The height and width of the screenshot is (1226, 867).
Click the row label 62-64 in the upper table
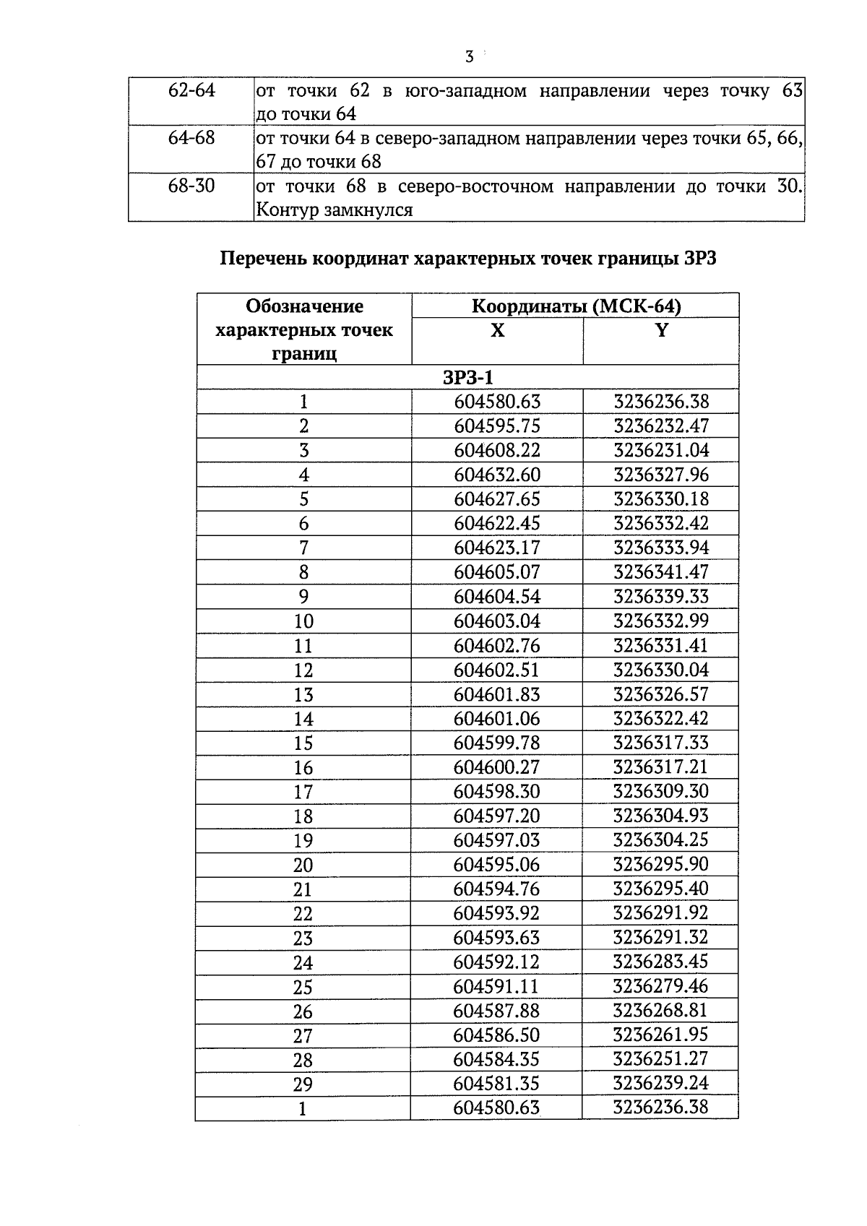coord(191,90)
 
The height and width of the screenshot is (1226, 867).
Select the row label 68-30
coord(191,186)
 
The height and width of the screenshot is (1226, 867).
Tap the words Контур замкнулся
coord(335,210)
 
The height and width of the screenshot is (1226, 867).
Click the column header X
coord(497,330)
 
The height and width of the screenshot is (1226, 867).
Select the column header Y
coord(660,330)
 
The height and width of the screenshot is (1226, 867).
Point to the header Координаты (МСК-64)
coord(576,306)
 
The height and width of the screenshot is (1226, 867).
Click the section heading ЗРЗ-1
coord(467,378)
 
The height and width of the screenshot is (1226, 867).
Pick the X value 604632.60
coord(497,475)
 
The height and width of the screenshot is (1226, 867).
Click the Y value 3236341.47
coord(661,572)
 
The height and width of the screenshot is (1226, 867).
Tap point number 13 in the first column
coord(303,694)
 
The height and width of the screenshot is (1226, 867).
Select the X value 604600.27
coord(497,767)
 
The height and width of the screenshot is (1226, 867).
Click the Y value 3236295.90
coord(661,864)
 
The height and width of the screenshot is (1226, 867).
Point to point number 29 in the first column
coord(303,1084)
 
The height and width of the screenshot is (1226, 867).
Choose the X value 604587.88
coord(497,1010)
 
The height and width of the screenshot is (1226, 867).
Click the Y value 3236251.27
coord(661,1059)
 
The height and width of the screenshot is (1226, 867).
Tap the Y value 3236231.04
coord(661,450)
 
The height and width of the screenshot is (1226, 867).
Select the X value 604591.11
coord(497,986)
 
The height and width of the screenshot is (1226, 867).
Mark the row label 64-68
coord(191,138)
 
